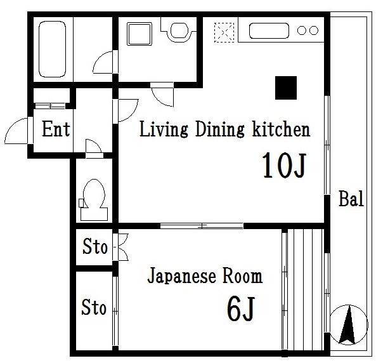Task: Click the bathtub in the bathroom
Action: click(52, 49)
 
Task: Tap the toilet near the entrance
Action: click(94, 200)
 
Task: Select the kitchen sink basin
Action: click(269, 30)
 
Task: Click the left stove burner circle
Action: click(301, 30)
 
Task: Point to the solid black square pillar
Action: click(286, 88)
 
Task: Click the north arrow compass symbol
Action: click(349, 324)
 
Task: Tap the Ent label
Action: click(56, 129)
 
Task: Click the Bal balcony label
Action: click(351, 199)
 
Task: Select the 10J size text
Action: click(285, 166)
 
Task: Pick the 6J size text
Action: click(240, 309)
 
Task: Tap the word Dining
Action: click(220, 129)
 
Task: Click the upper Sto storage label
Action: click(95, 247)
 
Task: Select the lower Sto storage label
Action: click(94, 307)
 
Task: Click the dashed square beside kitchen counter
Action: click(224, 32)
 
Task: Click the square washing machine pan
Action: click(139, 34)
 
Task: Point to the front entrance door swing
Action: click(16, 131)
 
